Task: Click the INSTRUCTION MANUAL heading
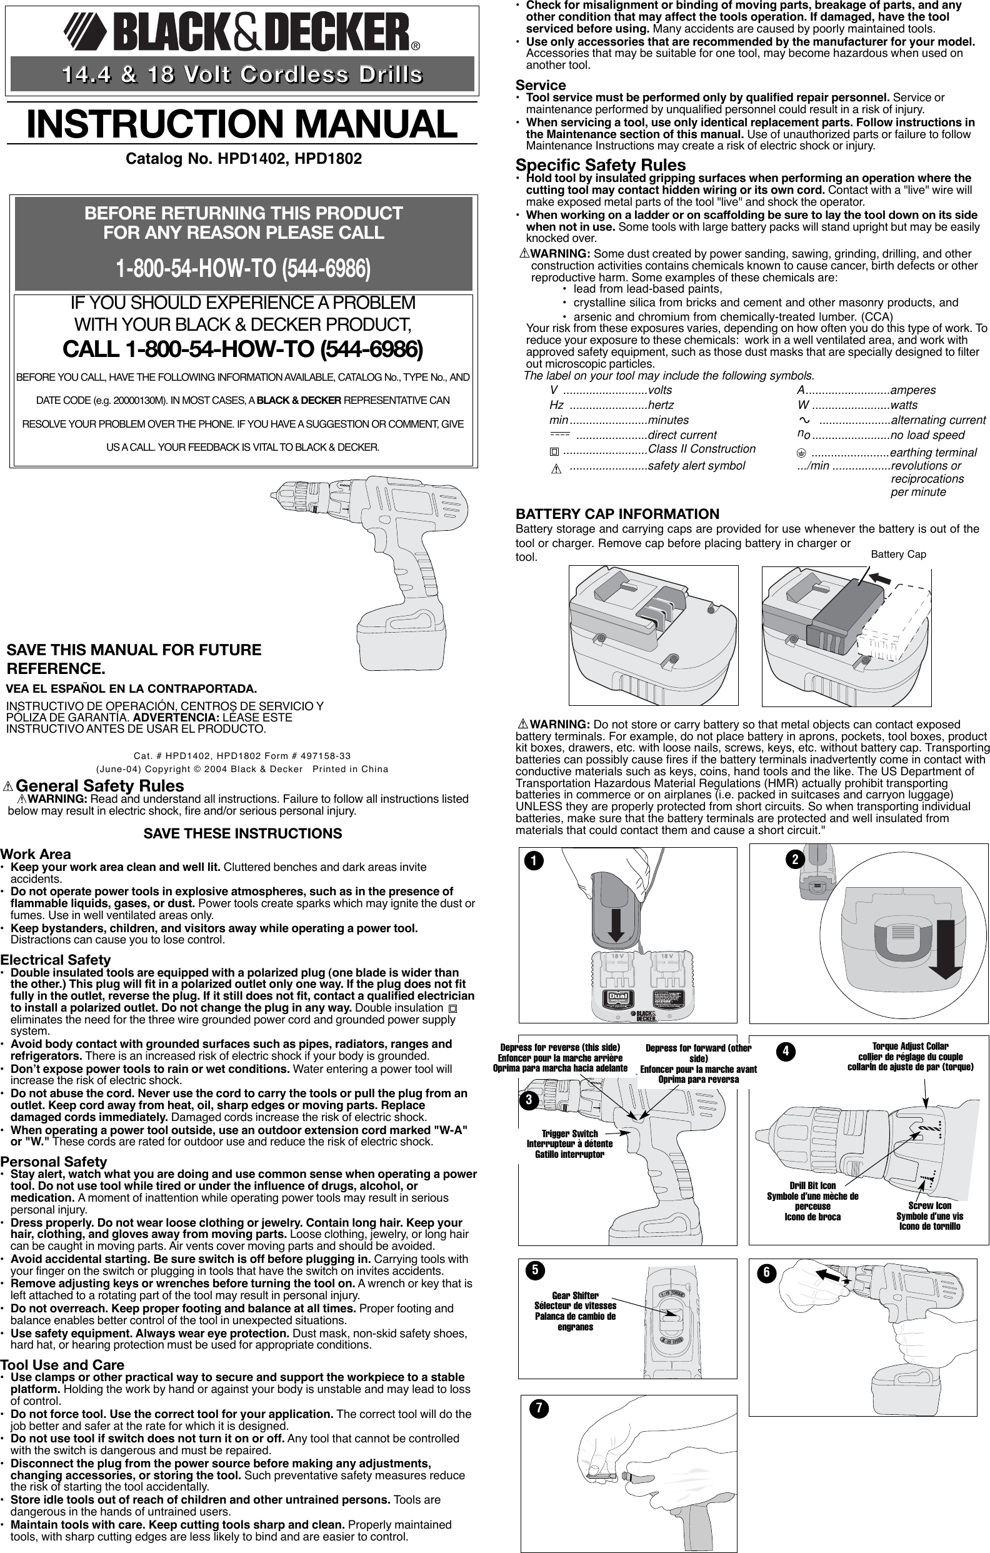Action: pyautogui.click(x=242, y=124)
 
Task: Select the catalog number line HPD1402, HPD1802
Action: pyautogui.click(x=244, y=159)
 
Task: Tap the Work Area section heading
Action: pyautogui.click(x=36, y=854)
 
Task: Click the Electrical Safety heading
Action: pyautogui.click(x=56, y=960)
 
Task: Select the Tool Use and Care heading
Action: pyautogui.click(x=62, y=1365)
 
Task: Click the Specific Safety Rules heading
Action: pyautogui.click(x=600, y=165)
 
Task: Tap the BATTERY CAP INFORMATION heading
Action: pyautogui.click(x=617, y=514)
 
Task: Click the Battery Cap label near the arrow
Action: pyautogui.click(x=898, y=555)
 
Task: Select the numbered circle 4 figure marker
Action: pyautogui.click(x=785, y=1051)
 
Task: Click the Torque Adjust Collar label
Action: pyautogui.click(x=909, y=1046)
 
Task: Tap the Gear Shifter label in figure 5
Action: pyautogui.click(x=575, y=1295)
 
